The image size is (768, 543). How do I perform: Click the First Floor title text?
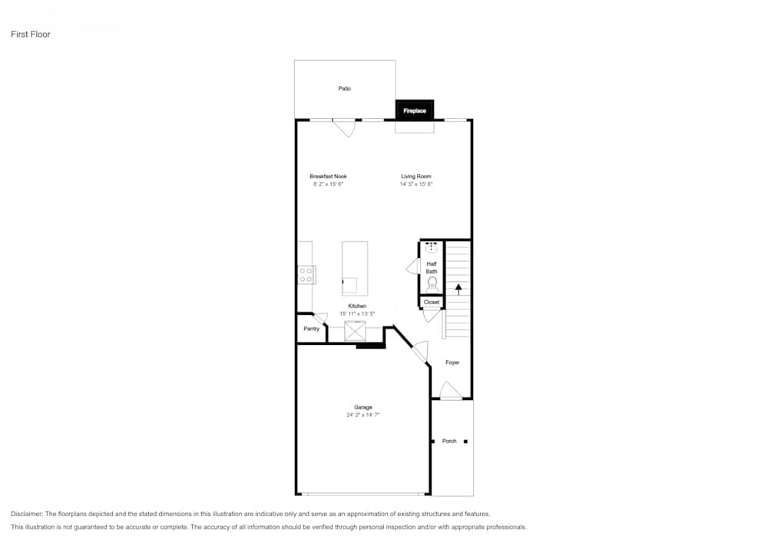click(31, 35)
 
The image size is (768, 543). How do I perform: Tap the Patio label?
click(345, 89)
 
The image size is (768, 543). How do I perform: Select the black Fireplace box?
click(415, 111)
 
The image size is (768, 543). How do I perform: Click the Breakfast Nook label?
click(328, 177)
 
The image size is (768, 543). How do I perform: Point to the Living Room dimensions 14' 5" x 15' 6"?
click(416, 184)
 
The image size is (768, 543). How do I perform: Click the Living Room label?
click(416, 177)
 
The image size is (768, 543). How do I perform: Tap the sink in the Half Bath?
click(432, 247)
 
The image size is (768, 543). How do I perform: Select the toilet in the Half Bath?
click(432, 283)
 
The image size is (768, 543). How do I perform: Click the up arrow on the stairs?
click(458, 289)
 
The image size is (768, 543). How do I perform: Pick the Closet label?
click(432, 303)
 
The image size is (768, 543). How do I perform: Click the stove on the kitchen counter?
click(306, 274)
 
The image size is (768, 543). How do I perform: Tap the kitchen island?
click(355, 267)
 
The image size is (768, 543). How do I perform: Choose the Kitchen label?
click(357, 306)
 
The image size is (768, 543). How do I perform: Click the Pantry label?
click(311, 329)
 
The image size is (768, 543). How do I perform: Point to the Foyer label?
click(452, 363)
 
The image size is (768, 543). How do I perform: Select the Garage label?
click(363, 407)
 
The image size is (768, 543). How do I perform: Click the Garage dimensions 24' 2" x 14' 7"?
click(363, 415)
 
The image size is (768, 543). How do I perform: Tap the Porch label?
click(449, 441)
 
